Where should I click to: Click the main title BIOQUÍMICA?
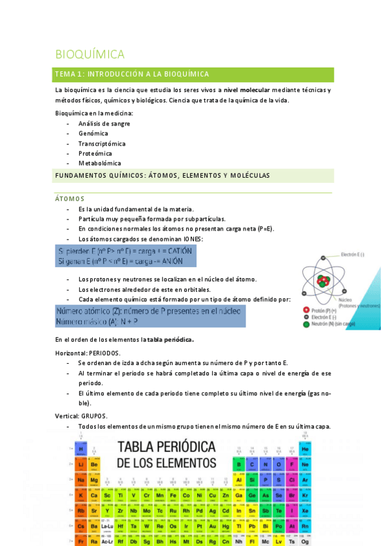point(90,54)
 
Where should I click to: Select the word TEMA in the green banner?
point(66,75)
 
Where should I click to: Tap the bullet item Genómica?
point(93,133)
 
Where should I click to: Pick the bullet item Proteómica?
point(95,153)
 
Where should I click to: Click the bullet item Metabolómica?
point(99,164)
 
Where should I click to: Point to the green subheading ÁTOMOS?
point(70,199)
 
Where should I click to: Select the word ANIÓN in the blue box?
point(168,261)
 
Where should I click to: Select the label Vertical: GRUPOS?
point(81,416)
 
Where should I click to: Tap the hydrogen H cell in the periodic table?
point(81,449)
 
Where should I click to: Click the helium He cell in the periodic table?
point(305,449)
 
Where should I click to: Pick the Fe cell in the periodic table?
point(173,495)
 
